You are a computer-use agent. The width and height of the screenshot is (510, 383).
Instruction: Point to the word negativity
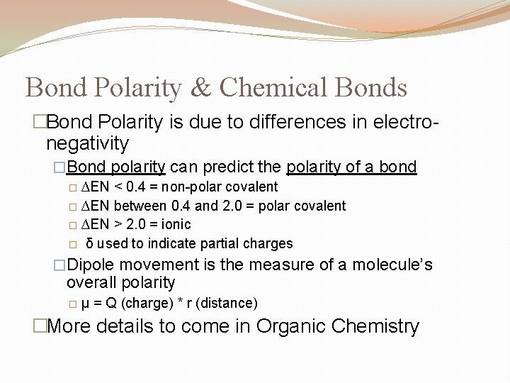87,143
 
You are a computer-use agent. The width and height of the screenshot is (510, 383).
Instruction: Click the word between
140,206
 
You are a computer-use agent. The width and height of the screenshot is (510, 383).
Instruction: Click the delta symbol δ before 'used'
90,243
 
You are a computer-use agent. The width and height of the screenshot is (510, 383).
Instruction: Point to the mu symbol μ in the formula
86,304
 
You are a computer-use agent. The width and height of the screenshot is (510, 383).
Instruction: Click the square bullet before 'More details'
40,326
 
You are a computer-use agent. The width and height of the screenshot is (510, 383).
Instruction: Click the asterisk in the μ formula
181,303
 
